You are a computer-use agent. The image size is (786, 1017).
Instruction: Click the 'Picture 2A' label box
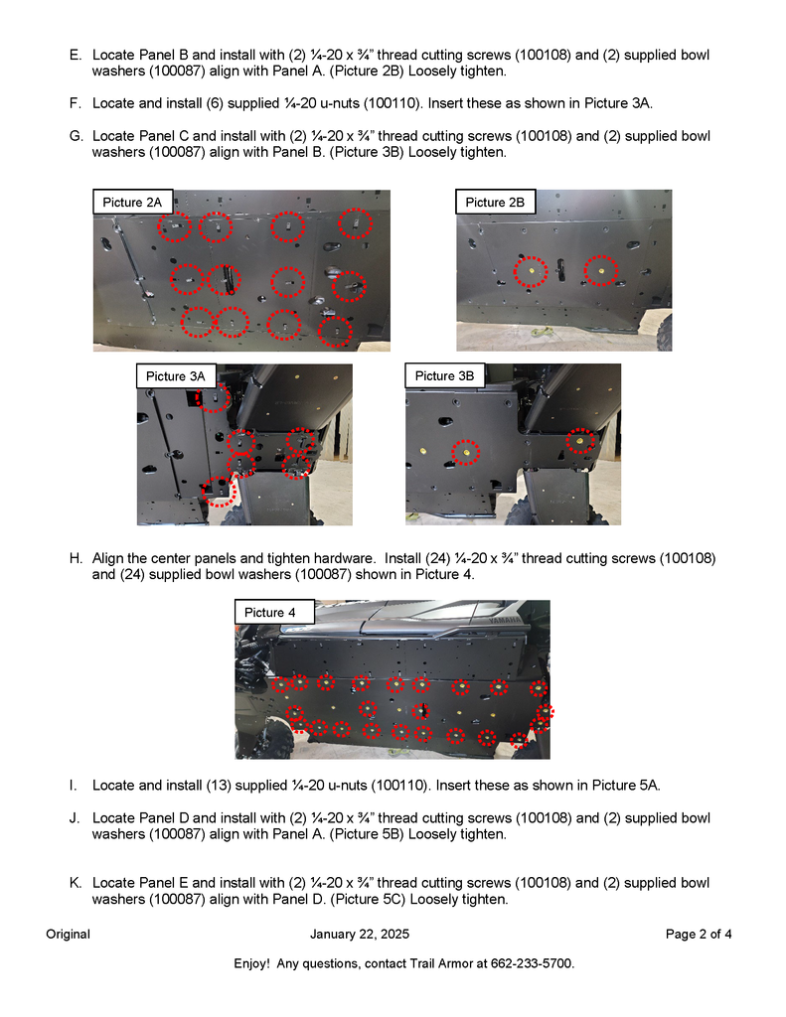coord(132,203)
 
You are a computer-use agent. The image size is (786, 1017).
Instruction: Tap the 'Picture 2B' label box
coord(495,203)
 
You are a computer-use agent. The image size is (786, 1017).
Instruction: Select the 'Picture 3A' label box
coord(175,376)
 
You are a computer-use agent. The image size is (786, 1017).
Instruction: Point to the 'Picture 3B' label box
coord(444,375)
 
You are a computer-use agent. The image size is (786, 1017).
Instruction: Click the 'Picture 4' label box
coord(270,613)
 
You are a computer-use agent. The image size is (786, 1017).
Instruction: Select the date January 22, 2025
coord(360,934)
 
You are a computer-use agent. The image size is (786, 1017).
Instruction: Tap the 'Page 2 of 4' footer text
coord(699,934)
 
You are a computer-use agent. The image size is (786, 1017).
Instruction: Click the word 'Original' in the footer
coord(68,934)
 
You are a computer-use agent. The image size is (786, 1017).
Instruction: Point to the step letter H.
coord(75,558)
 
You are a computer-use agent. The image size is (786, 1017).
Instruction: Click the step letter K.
coord(75,883)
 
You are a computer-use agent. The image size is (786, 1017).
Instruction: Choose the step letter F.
coord(75,103)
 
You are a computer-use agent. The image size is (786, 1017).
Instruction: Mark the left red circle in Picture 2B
coord(532,270)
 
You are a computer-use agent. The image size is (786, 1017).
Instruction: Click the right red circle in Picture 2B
coord(600,269)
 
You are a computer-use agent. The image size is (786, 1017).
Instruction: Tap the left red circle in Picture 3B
coord(463,453)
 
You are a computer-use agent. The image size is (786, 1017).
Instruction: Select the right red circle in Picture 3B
coord(581,439)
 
